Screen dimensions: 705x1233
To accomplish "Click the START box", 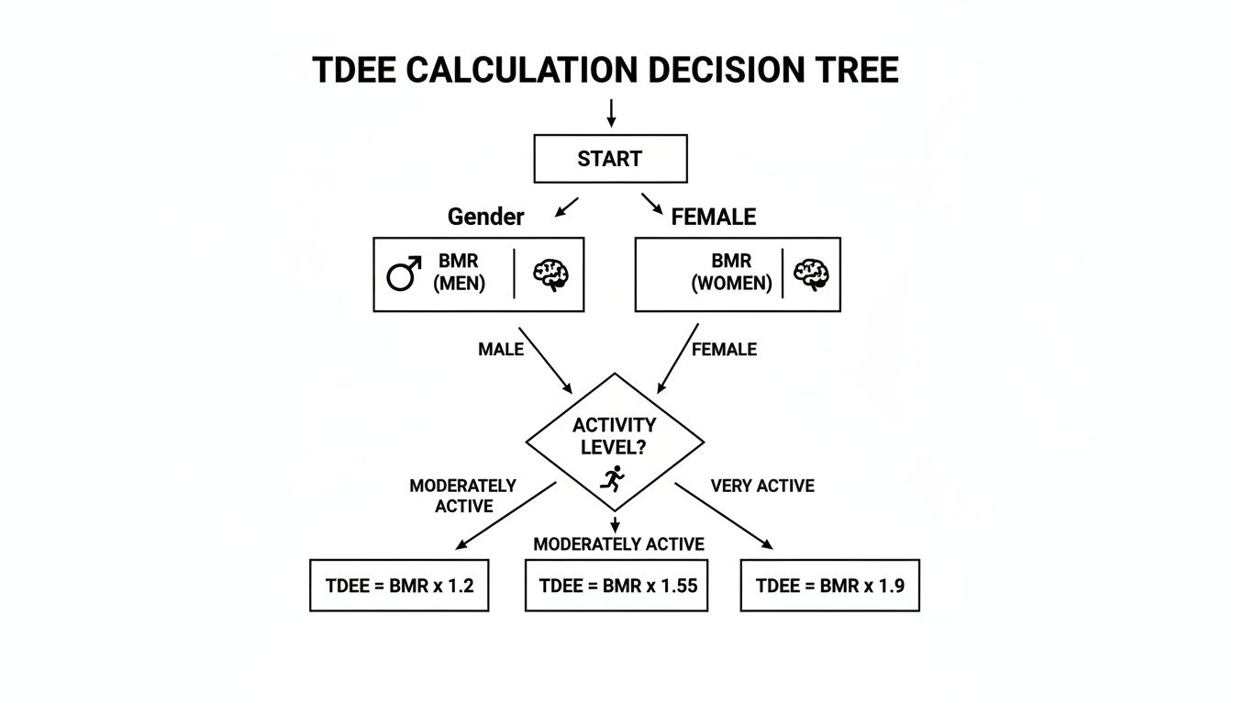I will pos(610,159).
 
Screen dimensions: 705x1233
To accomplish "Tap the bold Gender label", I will pos(485,217).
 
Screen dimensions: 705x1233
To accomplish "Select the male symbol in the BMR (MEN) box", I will pos(403,274).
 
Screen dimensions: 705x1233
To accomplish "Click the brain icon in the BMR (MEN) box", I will pos(551,274).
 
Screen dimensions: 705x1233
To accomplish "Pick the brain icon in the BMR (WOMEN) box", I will pos(811,274).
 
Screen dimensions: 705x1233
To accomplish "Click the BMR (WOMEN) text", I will pos(730,274).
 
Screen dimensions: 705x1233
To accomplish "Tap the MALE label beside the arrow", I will pos(501,350).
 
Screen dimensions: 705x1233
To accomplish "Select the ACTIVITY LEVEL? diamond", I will pos(614,441).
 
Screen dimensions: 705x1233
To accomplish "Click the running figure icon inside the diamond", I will pos(612,477).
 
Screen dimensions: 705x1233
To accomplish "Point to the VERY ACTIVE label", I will pos(762,486).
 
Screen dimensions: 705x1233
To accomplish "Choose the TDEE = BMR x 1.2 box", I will pos(399,585).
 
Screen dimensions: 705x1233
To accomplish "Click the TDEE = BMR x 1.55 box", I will pos(617,585).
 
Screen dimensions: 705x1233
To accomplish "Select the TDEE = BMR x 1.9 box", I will pos(829,585).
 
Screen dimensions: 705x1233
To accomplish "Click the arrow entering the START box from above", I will pos(611,113).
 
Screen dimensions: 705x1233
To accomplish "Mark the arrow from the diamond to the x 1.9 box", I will pos(724,516).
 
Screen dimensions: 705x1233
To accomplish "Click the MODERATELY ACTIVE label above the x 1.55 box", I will pos(618,544).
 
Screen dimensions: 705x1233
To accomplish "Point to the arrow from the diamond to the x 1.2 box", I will pos(505,516).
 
